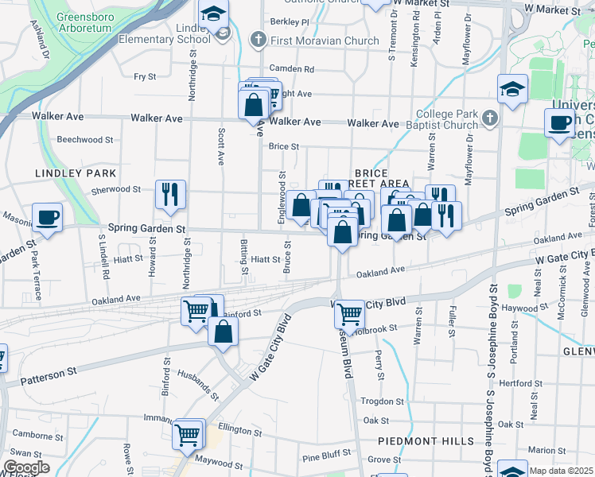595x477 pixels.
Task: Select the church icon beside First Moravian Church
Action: [x=258, y=39]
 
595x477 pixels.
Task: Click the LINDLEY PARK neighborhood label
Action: [x=76, y=173]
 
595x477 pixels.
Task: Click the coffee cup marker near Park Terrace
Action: [x=47, y=218]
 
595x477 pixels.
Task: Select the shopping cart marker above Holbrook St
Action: [x=349, y=314]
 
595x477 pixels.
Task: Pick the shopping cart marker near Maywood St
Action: [x=189, y=434]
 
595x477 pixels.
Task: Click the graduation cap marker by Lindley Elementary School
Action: [x=213, y=14]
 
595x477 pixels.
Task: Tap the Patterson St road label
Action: [x=49, y=370]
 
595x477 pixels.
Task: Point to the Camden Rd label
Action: [x=292, y=69]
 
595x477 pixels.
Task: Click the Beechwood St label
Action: [x=85, y=139]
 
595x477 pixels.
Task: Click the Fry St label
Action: [x=146, y=76]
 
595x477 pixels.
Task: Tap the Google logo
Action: [x=26, y=467]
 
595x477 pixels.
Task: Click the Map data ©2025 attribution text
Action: [x=562, y=471]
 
